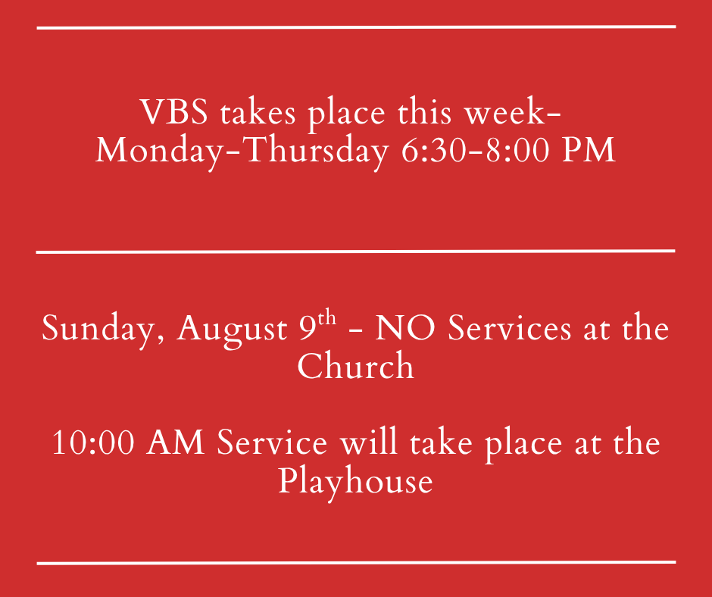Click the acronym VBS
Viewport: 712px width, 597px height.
[x=174, y=111]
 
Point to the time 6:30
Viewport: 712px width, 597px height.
[x=434, y=150]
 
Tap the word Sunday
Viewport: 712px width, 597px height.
[x=102, y=329]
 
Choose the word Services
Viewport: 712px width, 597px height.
[x=509, y=327]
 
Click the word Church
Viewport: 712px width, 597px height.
[x=355, y=366]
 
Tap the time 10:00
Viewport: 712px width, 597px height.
[x=93, y=442]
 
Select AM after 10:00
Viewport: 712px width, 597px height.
[x=175, y=442]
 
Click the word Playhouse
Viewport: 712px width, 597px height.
[x=355, y=481]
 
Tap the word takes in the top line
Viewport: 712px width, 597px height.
[x=258, y=112]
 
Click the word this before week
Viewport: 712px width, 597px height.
[x=425, y=111]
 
